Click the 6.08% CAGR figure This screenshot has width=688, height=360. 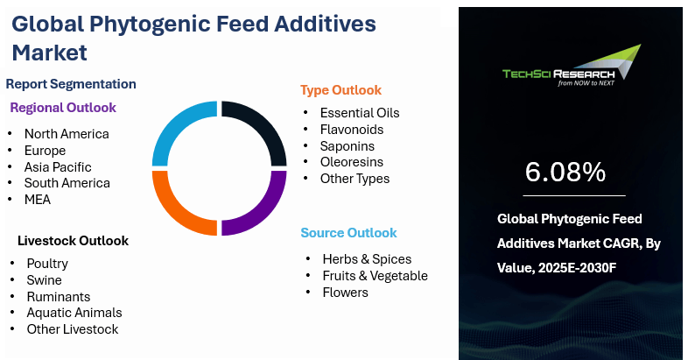(565, 172)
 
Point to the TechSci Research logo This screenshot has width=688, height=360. (572, 66)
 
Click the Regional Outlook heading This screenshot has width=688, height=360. (63, 108)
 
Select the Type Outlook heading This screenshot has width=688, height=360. (340, 90)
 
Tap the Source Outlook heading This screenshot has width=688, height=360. (349, 233)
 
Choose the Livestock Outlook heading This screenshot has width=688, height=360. (74, 241)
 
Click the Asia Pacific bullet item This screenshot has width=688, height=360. (58, 166)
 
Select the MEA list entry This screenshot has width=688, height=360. (38, 200)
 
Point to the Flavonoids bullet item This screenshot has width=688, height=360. (352, 130)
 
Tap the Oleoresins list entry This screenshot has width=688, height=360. (352, 162)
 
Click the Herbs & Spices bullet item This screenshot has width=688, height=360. (367, 259)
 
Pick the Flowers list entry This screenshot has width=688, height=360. (346, 293)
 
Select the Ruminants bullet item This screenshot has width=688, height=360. (59, 297)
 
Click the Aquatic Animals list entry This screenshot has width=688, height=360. (74, 313)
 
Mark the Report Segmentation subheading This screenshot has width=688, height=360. (71, 84)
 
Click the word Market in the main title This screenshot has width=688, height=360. (50, 53)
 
